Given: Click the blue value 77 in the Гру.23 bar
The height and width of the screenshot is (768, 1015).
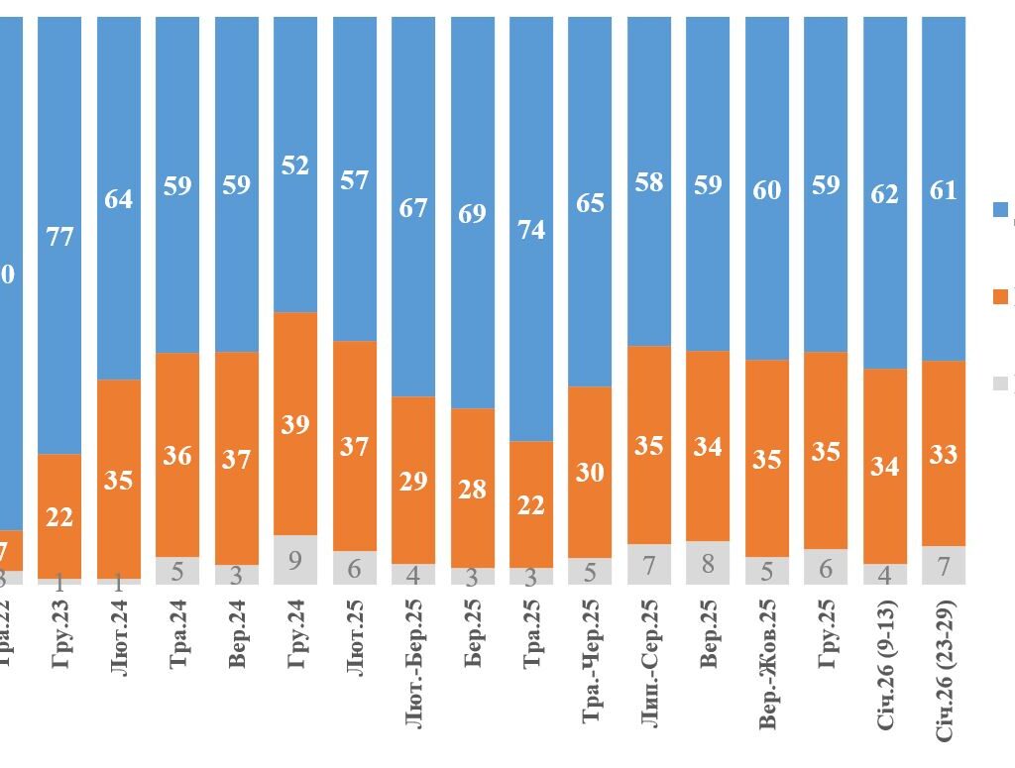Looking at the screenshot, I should [x=59, y=236].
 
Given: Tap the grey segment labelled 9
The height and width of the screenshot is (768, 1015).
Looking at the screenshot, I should [x=295, y=561].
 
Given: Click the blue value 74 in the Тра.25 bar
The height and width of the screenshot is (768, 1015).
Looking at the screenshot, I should [x=531, y=229].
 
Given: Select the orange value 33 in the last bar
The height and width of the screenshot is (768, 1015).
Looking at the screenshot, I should [x=944, y=454].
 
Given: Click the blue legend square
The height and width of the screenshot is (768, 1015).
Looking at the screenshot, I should [x=1000, y=209].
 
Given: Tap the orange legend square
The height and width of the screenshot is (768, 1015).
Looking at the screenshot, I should [x=1000, y=295].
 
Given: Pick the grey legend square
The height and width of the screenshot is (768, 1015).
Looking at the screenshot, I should [x=1000, y=383].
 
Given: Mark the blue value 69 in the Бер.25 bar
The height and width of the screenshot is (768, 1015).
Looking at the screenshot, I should [x=473, y=213].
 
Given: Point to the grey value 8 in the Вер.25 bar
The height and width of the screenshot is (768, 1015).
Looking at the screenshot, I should [x=708, y=563].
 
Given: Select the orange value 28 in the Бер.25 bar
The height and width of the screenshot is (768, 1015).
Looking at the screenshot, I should [x=473, y=489].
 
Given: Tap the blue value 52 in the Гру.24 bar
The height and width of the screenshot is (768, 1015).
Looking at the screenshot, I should [x=295, y=165].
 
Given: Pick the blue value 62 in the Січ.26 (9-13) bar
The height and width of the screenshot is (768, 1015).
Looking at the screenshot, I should [x=885, y=193].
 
